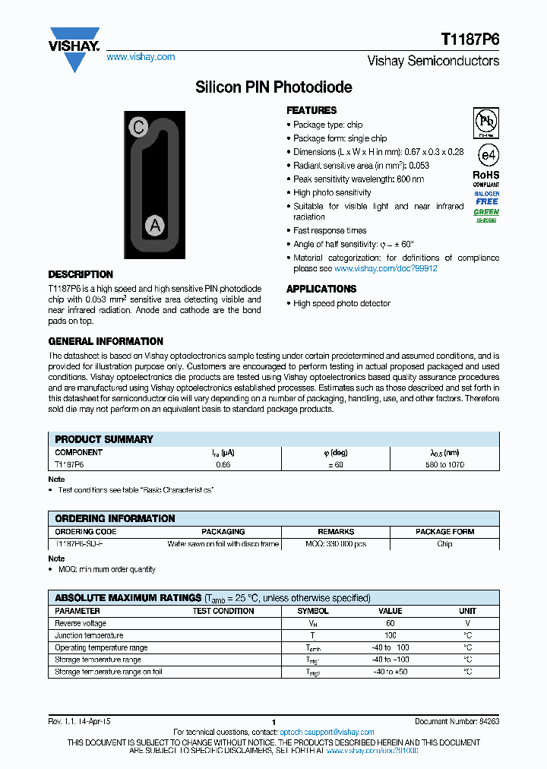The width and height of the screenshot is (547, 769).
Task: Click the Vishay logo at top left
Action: (74, 47)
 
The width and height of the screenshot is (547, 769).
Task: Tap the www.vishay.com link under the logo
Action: (141, 57)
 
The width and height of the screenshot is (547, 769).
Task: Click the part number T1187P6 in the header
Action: (470, 40)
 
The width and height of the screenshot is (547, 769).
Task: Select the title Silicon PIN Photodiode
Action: (273, 87)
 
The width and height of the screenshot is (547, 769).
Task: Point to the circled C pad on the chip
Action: (138, 128)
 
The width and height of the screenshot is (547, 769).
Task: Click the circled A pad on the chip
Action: (155, 225)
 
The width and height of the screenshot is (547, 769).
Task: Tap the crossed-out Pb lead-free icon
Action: (486, 122)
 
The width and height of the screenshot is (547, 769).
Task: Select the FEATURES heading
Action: (311, 110)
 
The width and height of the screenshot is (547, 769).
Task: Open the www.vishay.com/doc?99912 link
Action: (385, 268)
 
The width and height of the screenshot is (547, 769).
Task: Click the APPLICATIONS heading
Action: (321, 289)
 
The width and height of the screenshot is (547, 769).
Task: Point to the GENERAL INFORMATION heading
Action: (106, 341)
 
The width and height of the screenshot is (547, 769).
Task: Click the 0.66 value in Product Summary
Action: (223, 464)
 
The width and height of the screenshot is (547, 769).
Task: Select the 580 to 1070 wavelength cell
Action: (445, 464)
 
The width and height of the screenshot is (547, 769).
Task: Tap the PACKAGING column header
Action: (223, 532)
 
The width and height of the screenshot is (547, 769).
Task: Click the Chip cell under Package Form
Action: (445, 544)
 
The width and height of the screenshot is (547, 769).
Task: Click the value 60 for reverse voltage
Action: (390, 623)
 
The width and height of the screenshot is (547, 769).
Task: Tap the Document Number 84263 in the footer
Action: (457, 721)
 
